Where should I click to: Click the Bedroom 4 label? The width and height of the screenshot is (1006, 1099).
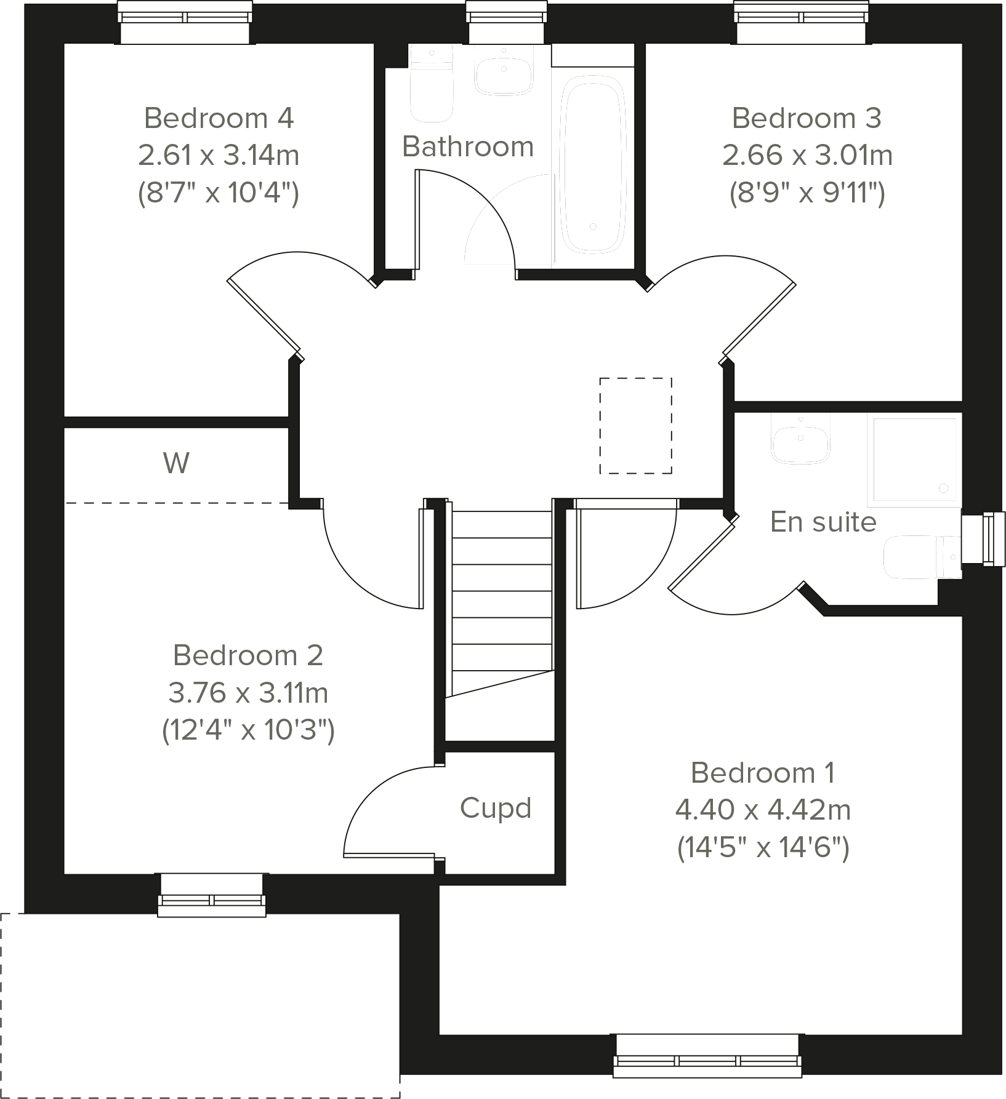coord(219,118)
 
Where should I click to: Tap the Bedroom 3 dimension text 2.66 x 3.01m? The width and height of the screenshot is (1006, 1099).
coord(807,155)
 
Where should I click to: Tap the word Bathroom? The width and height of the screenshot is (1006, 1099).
coord(468,146)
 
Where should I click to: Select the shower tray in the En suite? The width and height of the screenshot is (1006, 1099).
coord(913,459)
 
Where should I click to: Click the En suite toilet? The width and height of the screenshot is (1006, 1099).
coord(922,557)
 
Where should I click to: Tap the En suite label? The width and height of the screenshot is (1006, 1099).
coord(823,522)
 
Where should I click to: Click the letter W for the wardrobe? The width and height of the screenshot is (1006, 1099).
coord(177,462)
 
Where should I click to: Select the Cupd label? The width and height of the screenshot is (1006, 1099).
coord(496,808)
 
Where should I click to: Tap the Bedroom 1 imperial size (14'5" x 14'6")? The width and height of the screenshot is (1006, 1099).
coord(763,848)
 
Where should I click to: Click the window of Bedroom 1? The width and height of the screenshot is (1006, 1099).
coord(708,1056)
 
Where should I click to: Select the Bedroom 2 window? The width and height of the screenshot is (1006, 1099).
coord(212,895)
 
